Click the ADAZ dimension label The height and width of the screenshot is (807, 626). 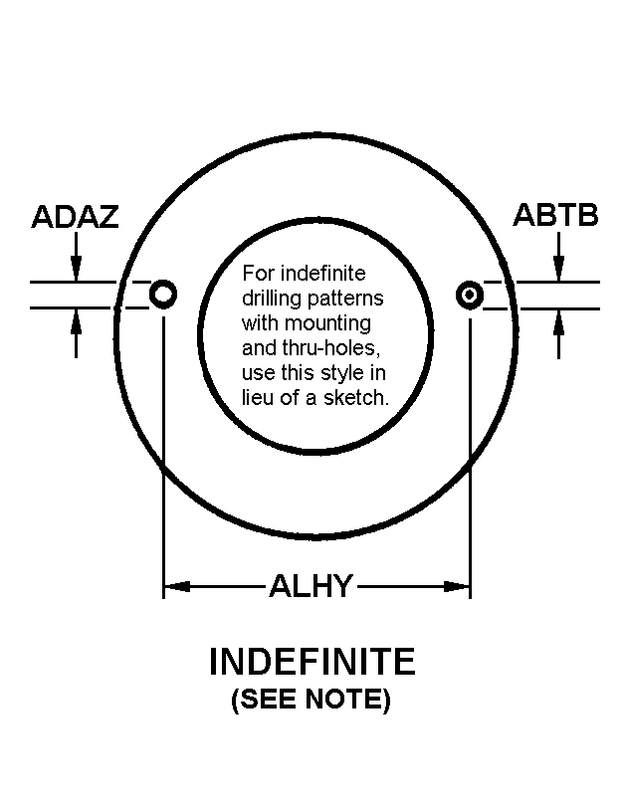click(x=76, y=216)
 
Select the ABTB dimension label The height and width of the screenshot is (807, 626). click(x=556, y=215)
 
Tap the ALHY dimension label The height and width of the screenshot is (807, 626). click(x=311, y=586)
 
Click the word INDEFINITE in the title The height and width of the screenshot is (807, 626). click(x=313, y=662)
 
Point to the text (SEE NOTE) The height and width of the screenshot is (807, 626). click(x=311, y=699)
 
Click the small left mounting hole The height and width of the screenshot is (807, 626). click(x=163, y=295)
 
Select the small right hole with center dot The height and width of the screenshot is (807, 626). click(x=470, y=296)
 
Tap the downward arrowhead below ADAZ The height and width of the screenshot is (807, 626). click(x=77, y=269)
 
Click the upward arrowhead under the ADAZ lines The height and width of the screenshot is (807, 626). click(x=77, y=321)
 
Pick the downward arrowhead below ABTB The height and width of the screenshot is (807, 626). click(x=559, y=269)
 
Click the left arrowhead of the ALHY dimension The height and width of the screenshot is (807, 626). click(x=177, y=586)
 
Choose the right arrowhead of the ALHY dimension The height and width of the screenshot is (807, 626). click(x=457, y=586)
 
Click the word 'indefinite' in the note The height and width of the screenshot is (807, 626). click(x=323, y=273)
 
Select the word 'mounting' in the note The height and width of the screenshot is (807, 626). click(x=327, y=323)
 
